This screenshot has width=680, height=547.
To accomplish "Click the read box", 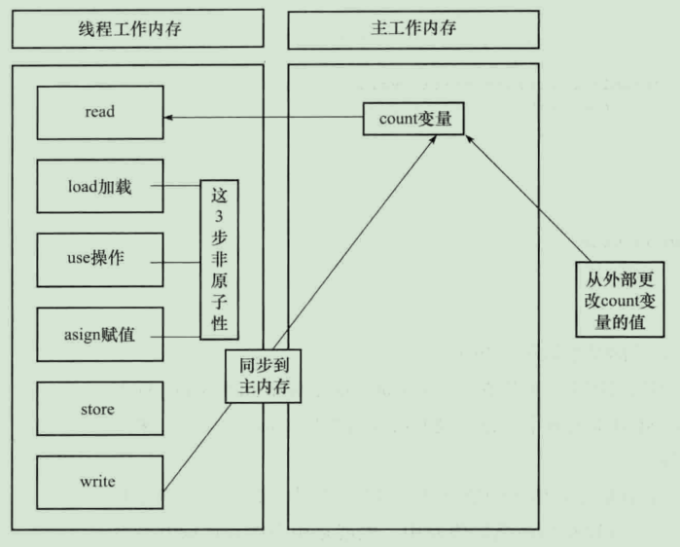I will coord(99,112).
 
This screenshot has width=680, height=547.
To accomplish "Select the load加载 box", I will coord(99,186).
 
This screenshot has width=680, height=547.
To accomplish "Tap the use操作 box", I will coord(99,260).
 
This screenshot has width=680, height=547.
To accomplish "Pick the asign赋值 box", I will coord(99,335).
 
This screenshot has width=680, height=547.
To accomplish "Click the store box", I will coord(99,409).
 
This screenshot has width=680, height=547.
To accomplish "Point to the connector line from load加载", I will coord(180,186).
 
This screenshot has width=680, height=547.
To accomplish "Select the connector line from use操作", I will coord(180,261).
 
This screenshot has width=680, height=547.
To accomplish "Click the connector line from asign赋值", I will coord(180,336).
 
